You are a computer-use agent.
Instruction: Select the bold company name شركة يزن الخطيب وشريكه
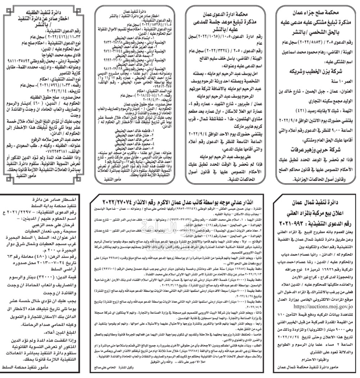316,71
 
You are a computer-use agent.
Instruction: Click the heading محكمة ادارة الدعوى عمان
227,14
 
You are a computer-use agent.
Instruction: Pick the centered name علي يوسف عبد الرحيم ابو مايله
227,147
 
